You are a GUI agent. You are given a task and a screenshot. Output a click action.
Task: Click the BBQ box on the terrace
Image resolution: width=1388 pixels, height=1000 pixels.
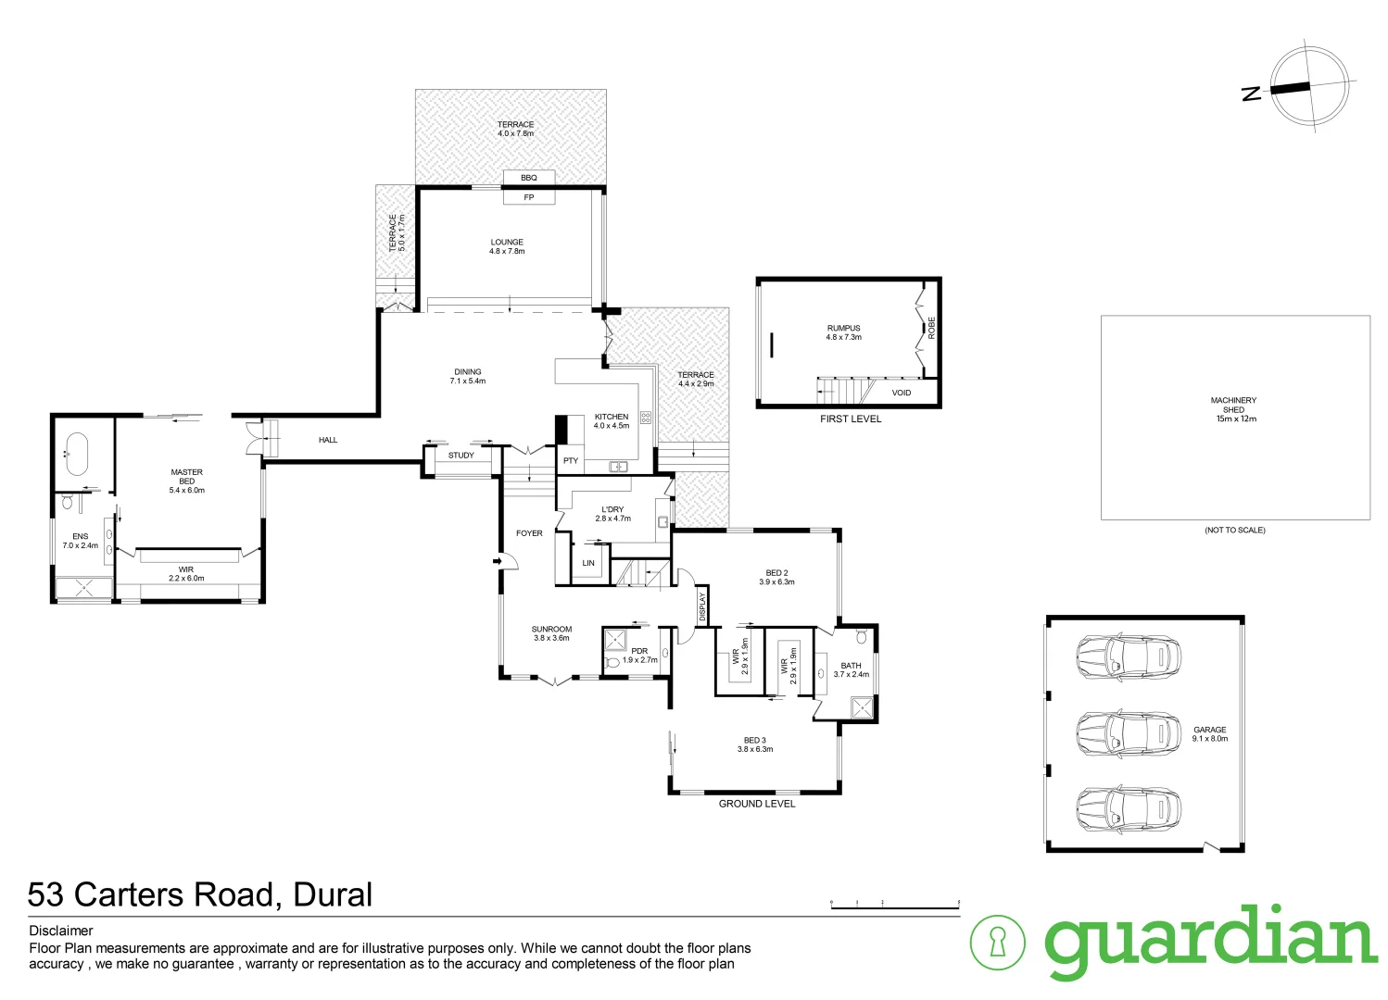(x=529, y=178)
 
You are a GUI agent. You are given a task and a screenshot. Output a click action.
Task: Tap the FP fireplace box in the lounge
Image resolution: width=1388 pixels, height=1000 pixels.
(x=529, y=197)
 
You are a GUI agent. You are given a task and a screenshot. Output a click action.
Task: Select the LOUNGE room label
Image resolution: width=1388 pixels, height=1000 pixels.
(x=507, y=246)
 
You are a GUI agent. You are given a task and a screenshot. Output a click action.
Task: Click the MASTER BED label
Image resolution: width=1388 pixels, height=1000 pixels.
(x=187, y=481)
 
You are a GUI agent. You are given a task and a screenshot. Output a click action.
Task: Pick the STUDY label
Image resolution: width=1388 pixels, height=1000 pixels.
(x=461, y=456)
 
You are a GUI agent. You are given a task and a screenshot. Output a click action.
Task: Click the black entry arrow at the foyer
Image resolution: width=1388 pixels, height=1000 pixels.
(x=498, y=560)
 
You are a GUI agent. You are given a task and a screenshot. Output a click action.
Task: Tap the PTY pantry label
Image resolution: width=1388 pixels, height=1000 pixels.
(x=571, y=460)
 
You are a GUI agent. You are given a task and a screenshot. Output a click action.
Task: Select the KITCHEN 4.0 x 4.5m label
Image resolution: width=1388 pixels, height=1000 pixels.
(x=612, y=421)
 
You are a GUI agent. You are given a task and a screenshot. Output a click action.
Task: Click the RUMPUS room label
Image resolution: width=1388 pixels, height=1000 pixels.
(x=843, y=332)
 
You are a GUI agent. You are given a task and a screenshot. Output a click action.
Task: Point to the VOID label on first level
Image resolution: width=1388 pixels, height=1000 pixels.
(x=902, y=393)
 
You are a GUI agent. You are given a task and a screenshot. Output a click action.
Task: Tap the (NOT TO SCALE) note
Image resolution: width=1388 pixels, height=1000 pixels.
(x=1234, y=531)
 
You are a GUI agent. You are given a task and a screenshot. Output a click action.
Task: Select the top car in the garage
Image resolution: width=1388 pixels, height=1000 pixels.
(x=1129, y=656)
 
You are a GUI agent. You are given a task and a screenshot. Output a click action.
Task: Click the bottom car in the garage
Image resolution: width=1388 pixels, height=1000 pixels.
(x=1129, y=808)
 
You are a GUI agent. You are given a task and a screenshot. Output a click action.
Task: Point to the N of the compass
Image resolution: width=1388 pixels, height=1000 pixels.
(x=1252, y=93)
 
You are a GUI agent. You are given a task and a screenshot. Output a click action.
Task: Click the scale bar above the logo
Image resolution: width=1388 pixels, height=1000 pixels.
(x=894, y=906)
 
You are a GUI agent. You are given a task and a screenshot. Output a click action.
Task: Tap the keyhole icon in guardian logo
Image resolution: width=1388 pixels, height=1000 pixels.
(x=997, y=943)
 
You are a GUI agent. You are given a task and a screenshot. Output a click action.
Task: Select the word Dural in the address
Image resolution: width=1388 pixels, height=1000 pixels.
(x=333, y=894)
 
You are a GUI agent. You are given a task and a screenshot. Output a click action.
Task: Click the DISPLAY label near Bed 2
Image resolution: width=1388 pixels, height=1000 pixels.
(x=703, y=606)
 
